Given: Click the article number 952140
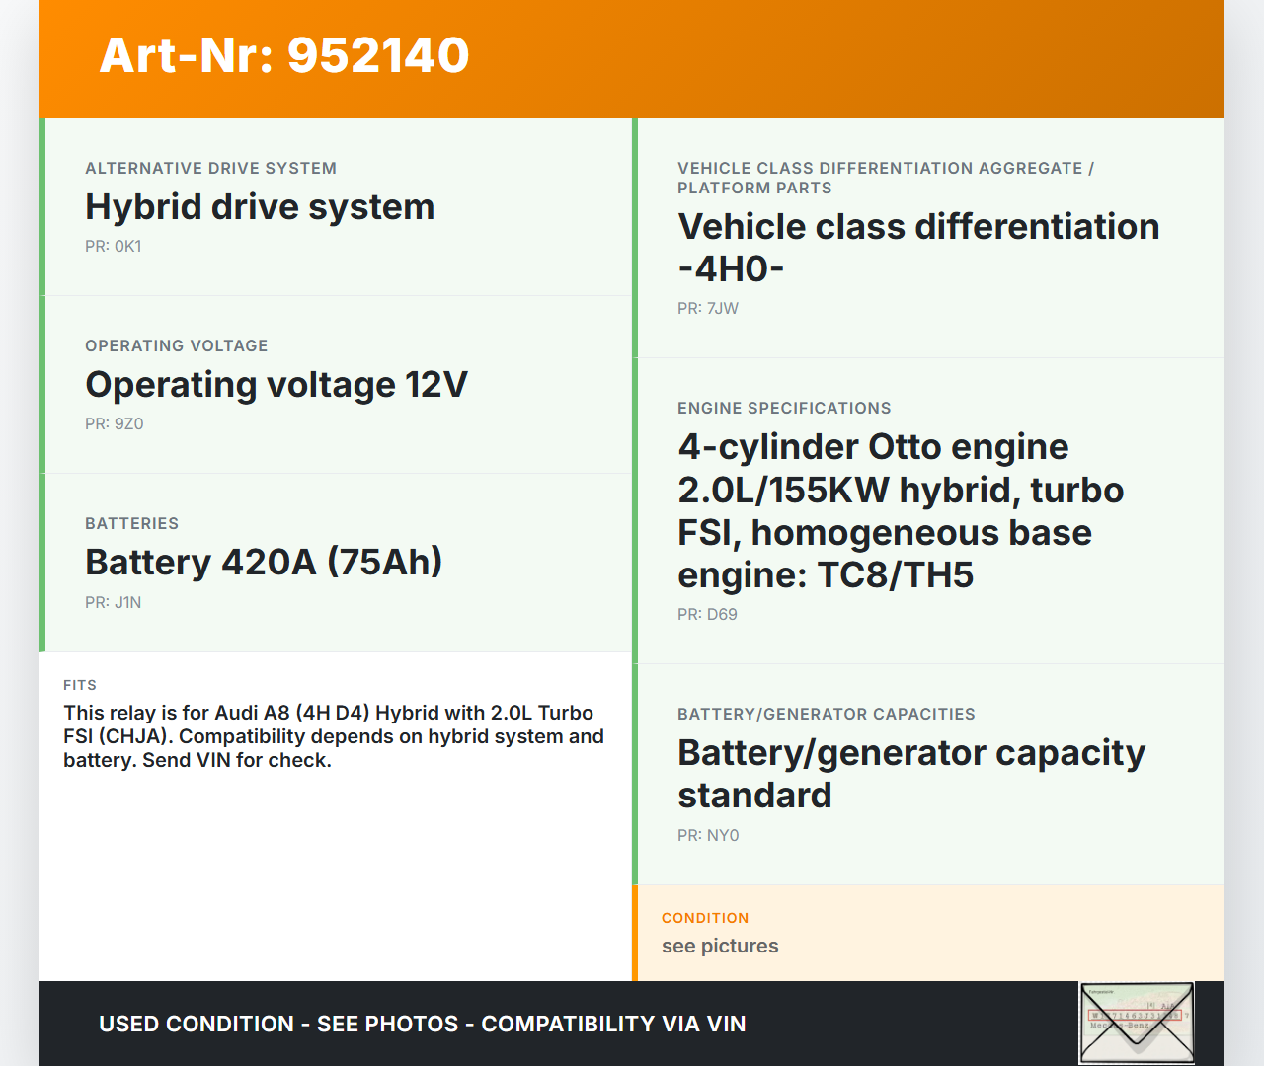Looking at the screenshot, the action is point(378,55).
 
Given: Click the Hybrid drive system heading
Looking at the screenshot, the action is point(260,207).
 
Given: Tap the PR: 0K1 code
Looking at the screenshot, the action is point(114,246).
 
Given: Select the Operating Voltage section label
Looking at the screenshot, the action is point(176,345).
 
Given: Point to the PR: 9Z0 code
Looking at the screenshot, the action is point(115,424).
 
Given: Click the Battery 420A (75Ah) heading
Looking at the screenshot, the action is point(264,563).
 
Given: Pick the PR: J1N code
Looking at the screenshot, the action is point(114,602).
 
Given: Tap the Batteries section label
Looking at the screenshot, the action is point(132,523).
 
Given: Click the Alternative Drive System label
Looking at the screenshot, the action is point(210,168).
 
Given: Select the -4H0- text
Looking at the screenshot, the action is point(732,269).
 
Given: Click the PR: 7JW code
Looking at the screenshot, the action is point(708,309).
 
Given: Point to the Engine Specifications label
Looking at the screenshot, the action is point(784,408).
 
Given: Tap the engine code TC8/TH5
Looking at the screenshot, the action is point(896,575).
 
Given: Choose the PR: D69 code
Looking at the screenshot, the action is point(707,615).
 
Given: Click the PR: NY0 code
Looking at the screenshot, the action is point(708,835).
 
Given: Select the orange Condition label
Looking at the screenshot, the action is point(705,918).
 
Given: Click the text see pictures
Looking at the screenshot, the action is point(720,946).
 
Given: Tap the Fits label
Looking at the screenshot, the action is point(80,685).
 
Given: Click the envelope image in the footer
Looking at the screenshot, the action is point(1137,1023).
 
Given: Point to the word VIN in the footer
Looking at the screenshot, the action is point(726,1024).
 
